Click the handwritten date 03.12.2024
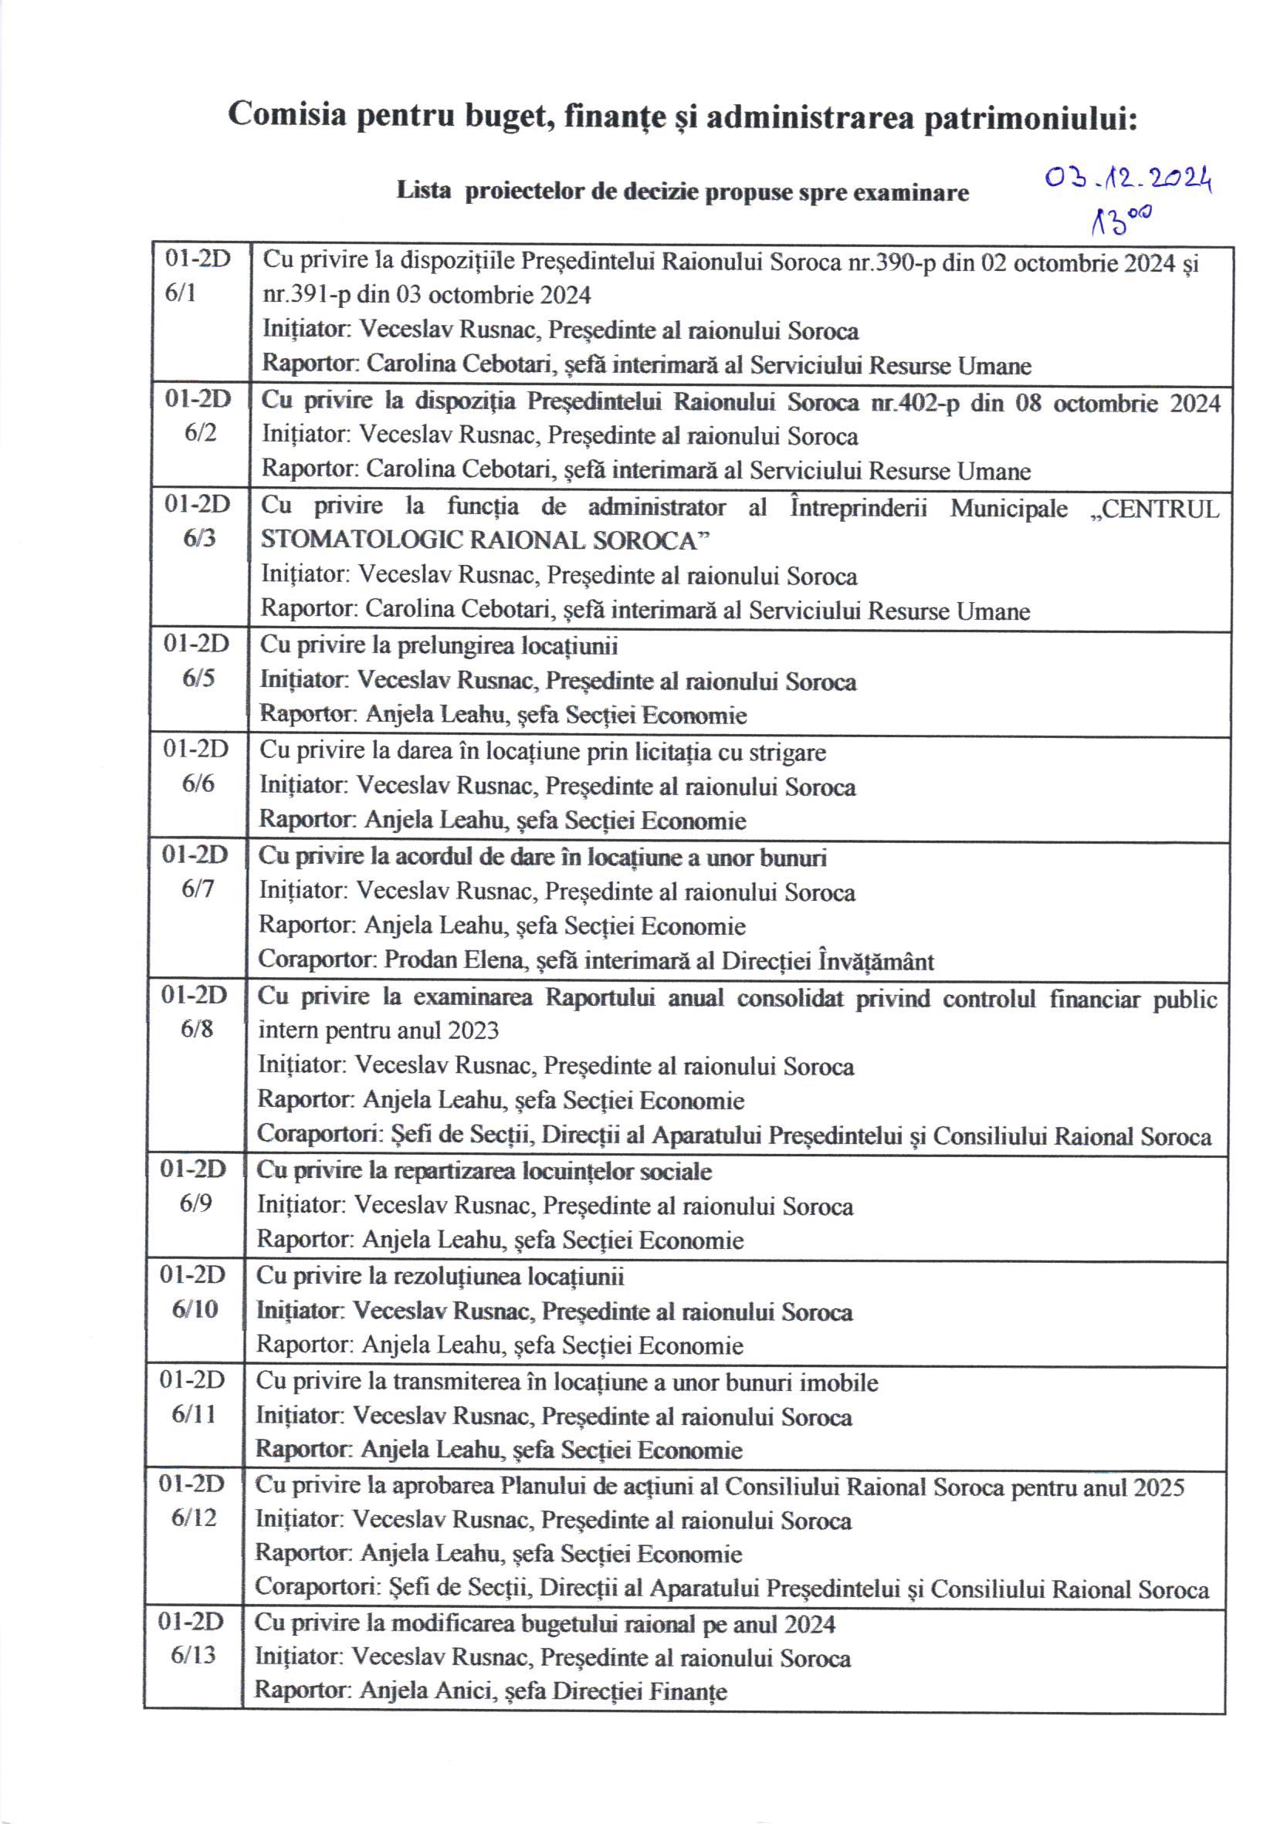(1128, 181)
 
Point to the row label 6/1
(181, 293)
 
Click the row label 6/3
(198, 538)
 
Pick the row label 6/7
(197, 888)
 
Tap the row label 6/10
(195, 1308)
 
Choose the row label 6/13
(193, 1655)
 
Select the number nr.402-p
(915, 403)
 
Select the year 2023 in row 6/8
(472, 1030)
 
